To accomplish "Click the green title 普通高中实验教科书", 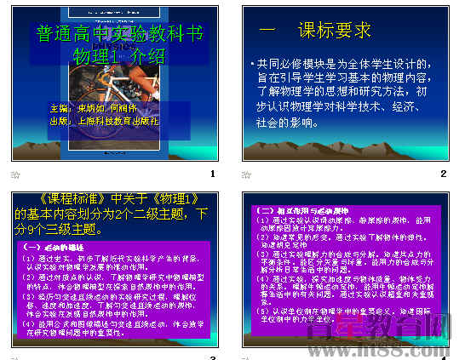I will (x=121, y=34).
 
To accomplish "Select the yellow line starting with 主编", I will (x=95, y=109).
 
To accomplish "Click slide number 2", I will (x=443, y=174).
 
